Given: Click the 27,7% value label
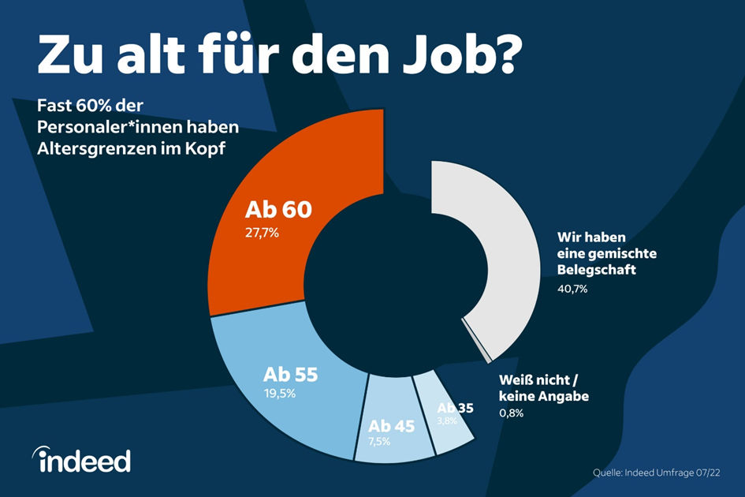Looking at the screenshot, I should click(262, 234).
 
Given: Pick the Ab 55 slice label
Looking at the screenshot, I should click(289, 375).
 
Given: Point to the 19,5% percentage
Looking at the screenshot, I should click(279, 393).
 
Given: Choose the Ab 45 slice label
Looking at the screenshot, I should click(391, 427).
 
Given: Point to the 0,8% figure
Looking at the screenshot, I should click(511, 413).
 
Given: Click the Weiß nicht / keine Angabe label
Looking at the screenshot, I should click(544, 388).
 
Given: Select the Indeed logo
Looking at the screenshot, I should click(81, 459).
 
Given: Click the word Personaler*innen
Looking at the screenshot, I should click(110, 127).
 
